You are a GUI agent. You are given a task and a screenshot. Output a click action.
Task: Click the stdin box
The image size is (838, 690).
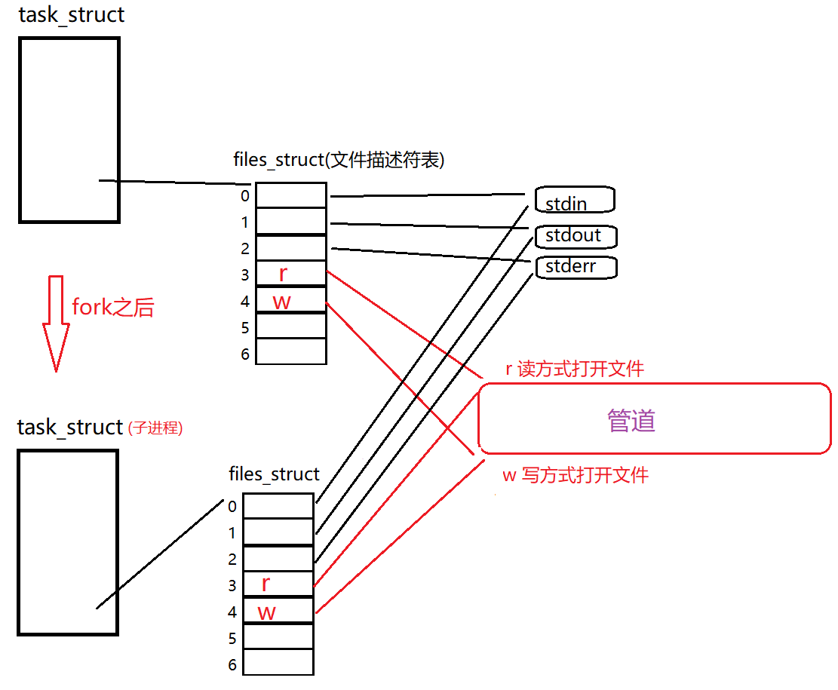coord(575,201)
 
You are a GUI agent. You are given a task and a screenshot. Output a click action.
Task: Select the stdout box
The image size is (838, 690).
coord(576,235)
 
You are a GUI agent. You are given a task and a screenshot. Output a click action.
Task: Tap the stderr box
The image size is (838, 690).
coord(576,266)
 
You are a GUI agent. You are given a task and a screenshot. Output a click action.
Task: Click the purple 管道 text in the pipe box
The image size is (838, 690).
coord(631,421)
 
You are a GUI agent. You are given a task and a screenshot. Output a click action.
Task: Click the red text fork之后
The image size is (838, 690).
coord(112,307)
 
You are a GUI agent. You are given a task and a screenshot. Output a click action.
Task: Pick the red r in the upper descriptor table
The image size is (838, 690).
coord(283,274)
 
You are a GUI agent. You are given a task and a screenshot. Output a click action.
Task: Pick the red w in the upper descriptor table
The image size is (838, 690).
coord(281,302)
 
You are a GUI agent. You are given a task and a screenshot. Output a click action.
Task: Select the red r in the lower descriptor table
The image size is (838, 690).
coord(266,584)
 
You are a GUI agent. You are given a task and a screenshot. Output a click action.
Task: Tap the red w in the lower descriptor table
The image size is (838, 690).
coord(267,612)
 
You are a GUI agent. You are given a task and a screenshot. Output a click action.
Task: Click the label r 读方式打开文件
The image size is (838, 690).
coord(575,369)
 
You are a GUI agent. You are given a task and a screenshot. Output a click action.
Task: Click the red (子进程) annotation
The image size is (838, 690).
coord(155,428)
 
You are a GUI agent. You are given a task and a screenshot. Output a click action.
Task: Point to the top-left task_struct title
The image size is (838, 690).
coord(71,15)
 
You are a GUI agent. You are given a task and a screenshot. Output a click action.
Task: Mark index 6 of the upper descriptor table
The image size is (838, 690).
coord(245,354)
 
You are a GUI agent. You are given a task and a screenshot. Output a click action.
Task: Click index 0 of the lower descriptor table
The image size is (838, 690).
coord(232,506)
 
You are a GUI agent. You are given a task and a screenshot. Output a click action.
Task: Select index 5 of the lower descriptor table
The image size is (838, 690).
coord(232,639)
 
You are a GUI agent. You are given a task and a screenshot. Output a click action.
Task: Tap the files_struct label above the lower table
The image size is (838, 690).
coord(274,474)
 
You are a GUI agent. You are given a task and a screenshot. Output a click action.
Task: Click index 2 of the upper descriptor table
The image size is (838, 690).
coord(245,248)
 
